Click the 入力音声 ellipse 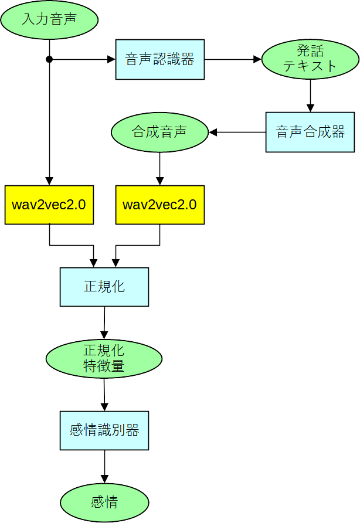49,19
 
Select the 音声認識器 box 160,59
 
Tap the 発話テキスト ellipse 310,59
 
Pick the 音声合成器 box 310,132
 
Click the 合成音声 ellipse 159,132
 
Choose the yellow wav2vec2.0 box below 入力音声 49,205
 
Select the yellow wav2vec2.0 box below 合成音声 160,205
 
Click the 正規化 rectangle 104,287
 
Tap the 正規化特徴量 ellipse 104,358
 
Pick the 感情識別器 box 104,430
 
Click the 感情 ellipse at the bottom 104,502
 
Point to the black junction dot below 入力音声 49,59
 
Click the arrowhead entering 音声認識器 111,59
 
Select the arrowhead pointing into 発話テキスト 257,59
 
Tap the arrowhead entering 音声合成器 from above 310,108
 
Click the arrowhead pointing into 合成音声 213,132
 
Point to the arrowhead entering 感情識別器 104,406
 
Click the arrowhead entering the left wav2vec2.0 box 49,181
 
